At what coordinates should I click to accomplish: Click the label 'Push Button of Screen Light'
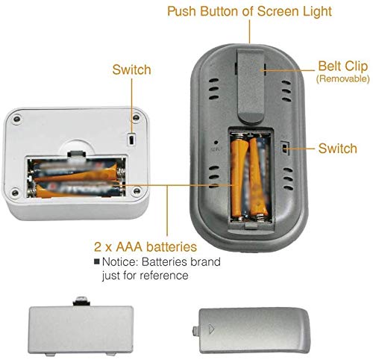click(x=249, y=11)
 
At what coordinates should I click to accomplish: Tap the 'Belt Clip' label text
click(x=343, y=66)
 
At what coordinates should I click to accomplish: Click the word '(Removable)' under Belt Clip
click(x=343, y=79)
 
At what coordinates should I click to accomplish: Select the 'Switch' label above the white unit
click(x=131, y=69)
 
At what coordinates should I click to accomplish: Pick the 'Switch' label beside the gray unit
click(x=338, y=149)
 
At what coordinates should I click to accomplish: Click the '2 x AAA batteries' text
click(x=145, y=246)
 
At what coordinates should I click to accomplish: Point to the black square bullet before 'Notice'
click(x=97, y=261)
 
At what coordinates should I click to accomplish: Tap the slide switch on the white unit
click(x=131, y=139)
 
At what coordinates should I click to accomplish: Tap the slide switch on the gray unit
click(x=285, y=148)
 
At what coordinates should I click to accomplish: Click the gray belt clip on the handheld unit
click(x=250, y=85)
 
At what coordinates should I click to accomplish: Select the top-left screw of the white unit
click(x=17, y=119)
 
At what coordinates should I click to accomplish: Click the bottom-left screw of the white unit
click(x=15, y=193)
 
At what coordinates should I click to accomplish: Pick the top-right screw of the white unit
click(x=137, y=117)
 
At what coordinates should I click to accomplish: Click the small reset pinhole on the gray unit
click(x=216, y=143)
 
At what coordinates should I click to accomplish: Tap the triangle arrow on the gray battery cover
click(x=211, y=329)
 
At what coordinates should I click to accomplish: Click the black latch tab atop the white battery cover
click(x=81, y=302)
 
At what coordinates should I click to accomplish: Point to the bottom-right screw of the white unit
click(x=137, y=191)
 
